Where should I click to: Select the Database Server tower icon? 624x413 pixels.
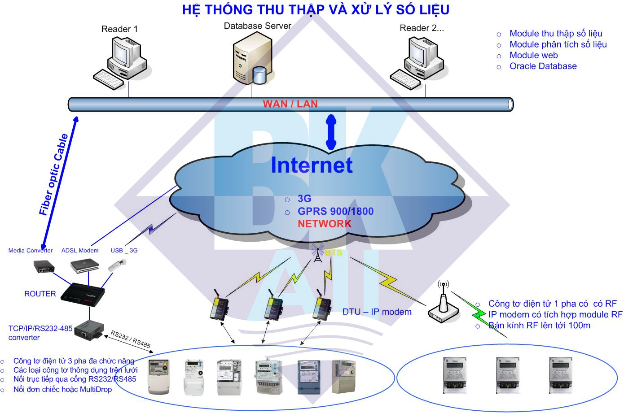[252, 58]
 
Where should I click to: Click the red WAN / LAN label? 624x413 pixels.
[290, 104]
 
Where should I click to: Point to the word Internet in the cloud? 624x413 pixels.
[312, 165]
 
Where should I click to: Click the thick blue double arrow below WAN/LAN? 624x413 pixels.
[331, 132]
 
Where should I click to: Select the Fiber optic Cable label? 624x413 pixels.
[53, 174]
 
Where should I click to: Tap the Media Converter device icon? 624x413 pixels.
[44, 267]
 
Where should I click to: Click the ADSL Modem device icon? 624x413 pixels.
[85, 266]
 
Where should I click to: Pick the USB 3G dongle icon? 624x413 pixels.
[117, 265]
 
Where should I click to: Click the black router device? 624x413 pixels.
[83, 295]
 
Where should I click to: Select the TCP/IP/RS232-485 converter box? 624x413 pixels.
[89, 330]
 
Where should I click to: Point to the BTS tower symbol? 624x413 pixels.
[317, 253]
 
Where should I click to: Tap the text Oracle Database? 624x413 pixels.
[543, 66]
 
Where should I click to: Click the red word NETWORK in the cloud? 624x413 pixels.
[325, 224]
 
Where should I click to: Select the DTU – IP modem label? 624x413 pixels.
[377, 312]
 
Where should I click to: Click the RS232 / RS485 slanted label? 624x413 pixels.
[130, 339]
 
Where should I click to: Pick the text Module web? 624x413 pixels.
[533, 55]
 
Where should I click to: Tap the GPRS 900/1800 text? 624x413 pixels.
[335, 211]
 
